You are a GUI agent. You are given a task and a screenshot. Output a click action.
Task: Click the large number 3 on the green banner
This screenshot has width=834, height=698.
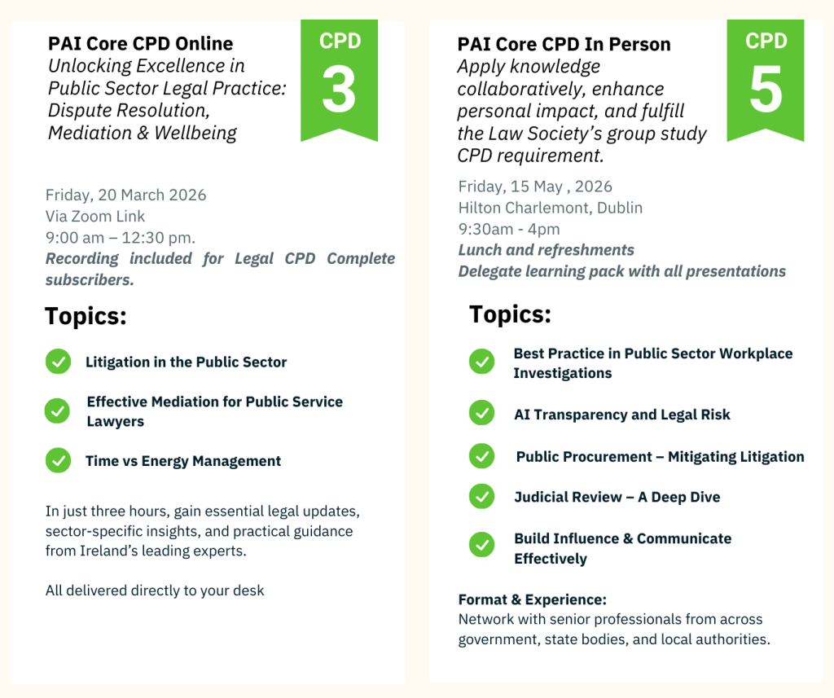(339, 90)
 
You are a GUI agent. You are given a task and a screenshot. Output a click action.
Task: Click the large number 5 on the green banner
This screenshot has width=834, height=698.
(766, 90)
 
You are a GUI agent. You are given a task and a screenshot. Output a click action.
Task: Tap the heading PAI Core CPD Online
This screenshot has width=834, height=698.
(140, 44)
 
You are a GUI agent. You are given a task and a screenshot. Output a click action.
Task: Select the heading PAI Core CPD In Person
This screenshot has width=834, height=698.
(564, 44)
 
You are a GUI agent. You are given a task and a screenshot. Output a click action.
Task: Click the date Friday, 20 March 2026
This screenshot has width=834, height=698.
(125, 195)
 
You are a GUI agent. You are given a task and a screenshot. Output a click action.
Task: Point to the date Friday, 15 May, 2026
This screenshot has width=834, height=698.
(535, 187)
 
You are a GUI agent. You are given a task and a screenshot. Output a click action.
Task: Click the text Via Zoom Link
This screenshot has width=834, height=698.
(94, 216)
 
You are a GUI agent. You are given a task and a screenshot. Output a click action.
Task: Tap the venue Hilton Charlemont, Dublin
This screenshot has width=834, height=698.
(551, 208)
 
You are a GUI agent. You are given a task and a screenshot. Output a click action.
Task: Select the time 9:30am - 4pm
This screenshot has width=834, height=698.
(509, 230)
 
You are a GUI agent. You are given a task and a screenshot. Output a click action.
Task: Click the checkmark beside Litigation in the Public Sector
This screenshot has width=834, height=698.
(59, 362)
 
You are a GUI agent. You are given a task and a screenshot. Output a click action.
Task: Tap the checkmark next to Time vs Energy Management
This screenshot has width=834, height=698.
(59, 460)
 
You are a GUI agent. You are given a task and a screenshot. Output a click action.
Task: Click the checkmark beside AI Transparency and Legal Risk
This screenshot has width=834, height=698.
(482, 413)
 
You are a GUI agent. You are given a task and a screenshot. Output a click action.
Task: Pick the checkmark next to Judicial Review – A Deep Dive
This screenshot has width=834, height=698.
(482, 496)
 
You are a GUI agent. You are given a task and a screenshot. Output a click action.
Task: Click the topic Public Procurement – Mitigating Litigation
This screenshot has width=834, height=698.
(660, 457)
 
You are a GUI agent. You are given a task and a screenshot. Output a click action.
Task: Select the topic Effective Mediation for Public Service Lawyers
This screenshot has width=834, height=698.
(215, 411)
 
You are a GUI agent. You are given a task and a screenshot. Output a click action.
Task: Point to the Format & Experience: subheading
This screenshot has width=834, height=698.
(533, 599)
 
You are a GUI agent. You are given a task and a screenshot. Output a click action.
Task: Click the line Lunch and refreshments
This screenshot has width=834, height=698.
(546, 250)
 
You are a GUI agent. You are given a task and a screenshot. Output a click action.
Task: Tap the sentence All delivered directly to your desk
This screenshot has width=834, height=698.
(155, 590)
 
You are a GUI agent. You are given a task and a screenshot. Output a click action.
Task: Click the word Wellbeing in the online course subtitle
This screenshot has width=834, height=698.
(195, 133)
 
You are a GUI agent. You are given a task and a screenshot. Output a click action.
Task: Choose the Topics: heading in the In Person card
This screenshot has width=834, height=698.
(510, 314)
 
